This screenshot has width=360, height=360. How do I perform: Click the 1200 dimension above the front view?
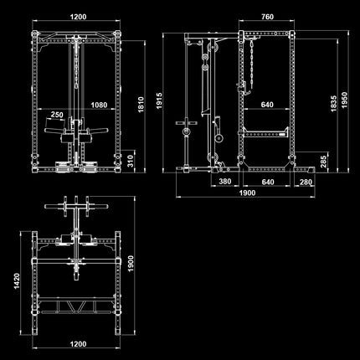coord(78,17)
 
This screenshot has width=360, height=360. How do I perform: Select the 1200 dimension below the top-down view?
coord(78,344)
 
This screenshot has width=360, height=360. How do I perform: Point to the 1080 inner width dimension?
coord(99,105)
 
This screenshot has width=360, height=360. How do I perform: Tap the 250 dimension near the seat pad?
coord(57,115)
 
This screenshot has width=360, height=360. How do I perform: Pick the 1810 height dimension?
coord(141,105)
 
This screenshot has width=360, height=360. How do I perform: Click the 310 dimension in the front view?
coord(131,162)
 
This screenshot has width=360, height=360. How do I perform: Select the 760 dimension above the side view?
coord(267,17)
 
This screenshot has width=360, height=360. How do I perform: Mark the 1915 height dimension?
coord(159,100)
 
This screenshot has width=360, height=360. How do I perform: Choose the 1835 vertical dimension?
coord(334,104)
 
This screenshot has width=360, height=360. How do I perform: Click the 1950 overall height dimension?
coord(345,100)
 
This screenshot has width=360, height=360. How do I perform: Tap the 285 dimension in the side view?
coord(323,162)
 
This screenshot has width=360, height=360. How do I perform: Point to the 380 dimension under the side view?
coord(225,182)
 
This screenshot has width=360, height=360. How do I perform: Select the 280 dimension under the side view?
coord(306,182)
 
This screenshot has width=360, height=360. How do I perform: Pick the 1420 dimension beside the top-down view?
coord(17,280)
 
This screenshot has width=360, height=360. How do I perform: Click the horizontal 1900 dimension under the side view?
coord(247,193)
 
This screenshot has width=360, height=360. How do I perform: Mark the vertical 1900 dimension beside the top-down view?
coord(131,264)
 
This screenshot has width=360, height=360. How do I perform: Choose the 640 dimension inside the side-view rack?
coord(267,105)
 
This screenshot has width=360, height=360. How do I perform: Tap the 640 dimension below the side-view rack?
coord(268,182)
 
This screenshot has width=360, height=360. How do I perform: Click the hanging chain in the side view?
coord(252,64)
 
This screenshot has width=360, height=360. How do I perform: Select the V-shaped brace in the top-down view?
coord(75,307)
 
